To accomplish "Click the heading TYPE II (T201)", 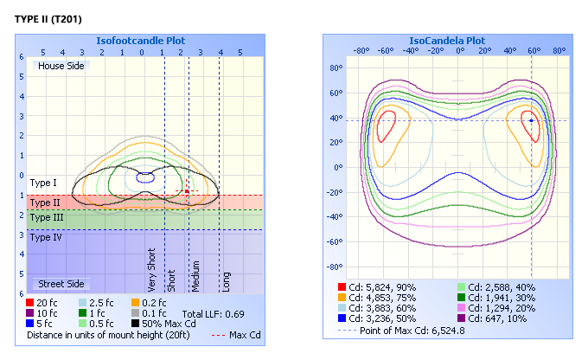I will (48, 18).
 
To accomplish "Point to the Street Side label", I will (59, 284).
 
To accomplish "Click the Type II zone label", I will (45, 202).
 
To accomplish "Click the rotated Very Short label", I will (152, 270).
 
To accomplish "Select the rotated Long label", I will (227, 280).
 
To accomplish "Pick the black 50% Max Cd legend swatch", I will (137, 324).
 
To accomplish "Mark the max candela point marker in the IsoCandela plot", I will (530, 120).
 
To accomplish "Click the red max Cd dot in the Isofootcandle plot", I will (185, 191).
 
